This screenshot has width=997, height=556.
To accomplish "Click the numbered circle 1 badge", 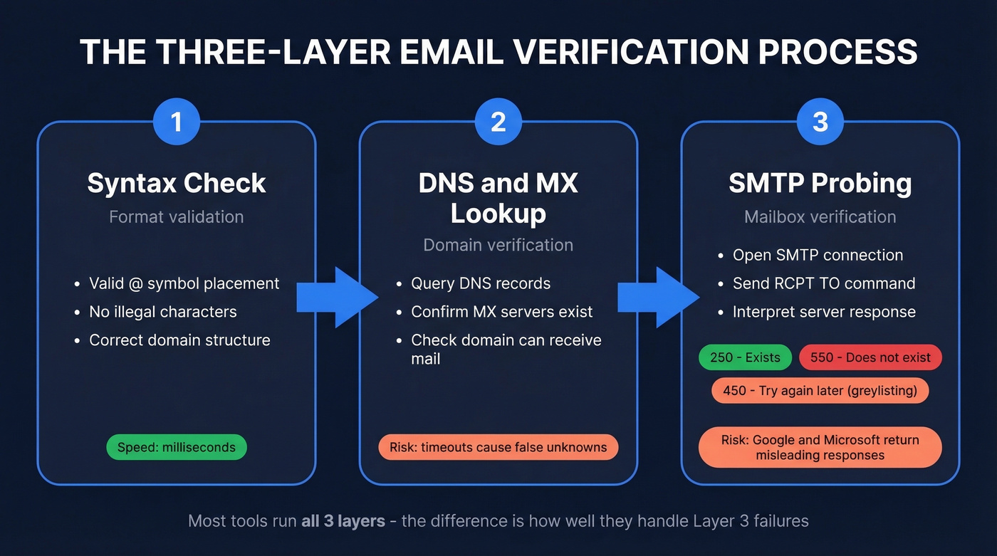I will click(x=177, y=122).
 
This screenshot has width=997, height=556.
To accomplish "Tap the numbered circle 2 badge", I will click(x=499, y=122).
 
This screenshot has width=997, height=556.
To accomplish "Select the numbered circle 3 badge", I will click(x=820, y=122).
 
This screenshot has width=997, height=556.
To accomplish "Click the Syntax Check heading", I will click(x=177, y=183).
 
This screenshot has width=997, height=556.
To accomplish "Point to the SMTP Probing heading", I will click(x=820, y=183).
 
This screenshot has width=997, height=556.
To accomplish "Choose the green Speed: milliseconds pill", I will click(x=177, y=447).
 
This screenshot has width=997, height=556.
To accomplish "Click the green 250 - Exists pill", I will click(x=746, y=357).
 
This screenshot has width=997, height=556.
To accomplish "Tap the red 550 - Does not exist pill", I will click(x=870, y=357).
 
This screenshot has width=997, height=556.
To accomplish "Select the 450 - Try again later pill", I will click(x=820, y=390).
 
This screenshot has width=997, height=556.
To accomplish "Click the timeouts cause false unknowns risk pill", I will click(x=499, y=447).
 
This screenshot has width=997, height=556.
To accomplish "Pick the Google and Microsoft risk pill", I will click(x=820, y=447).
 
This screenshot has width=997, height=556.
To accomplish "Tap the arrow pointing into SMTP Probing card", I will click(x=657, y=297).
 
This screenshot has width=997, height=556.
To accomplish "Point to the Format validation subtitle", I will click(x=177, y=216).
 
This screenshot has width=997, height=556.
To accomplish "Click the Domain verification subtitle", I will click(x=499, y=245).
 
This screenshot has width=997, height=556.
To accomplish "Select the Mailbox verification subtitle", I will click(x=820, y=216).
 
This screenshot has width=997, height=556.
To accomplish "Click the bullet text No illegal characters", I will click(x=163, y=312).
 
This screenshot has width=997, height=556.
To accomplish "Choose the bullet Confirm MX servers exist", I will click(x=502, y=312).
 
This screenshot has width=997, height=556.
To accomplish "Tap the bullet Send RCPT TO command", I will click(x=824, y=283).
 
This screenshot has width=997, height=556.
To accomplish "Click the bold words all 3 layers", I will click(x=343, y=521).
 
